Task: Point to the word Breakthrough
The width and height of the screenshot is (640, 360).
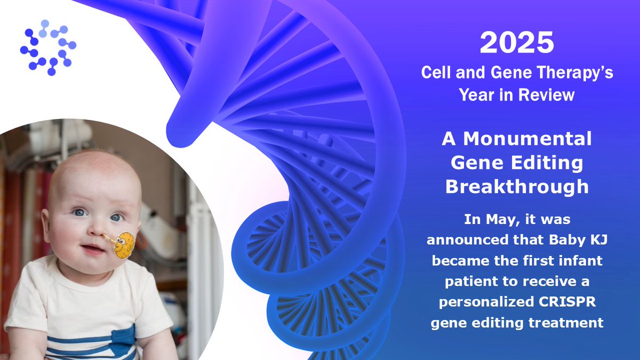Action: pyautogui.click(x=517, y=187)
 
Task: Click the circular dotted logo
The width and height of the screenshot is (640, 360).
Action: pyautogui.click(x=49, y=47)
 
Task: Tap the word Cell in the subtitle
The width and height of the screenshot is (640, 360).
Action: pyautogui.click(x=435, y=73)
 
